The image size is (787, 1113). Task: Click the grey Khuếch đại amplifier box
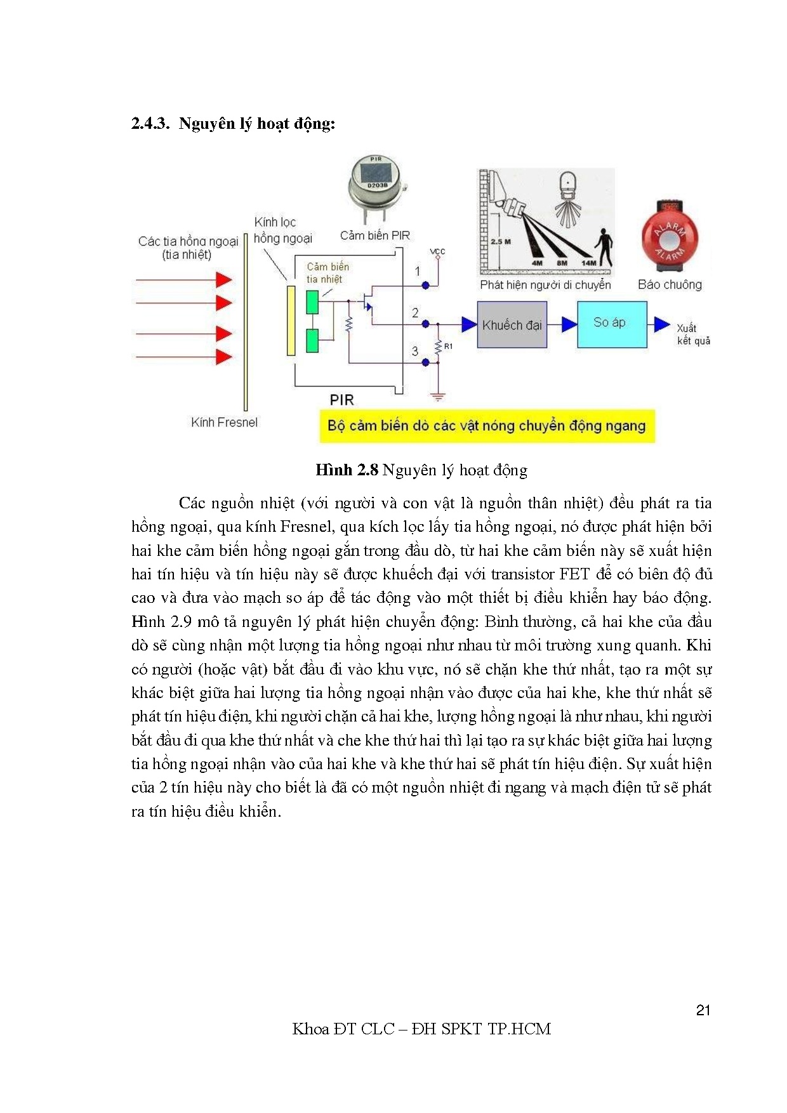512,325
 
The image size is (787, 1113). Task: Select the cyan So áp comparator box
611,324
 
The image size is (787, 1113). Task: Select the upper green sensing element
312,302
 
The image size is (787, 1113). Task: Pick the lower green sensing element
312,341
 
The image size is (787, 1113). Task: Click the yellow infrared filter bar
291,320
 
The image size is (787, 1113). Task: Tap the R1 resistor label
449,346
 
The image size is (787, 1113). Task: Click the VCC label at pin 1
437,252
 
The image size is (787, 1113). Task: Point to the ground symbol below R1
437,397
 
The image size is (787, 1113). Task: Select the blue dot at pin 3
426,362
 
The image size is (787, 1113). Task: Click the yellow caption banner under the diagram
486,426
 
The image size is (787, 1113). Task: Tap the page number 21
703,1010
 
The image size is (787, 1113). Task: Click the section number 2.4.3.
150,123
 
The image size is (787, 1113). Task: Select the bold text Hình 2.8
347,470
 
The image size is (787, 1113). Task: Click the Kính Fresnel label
224,423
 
